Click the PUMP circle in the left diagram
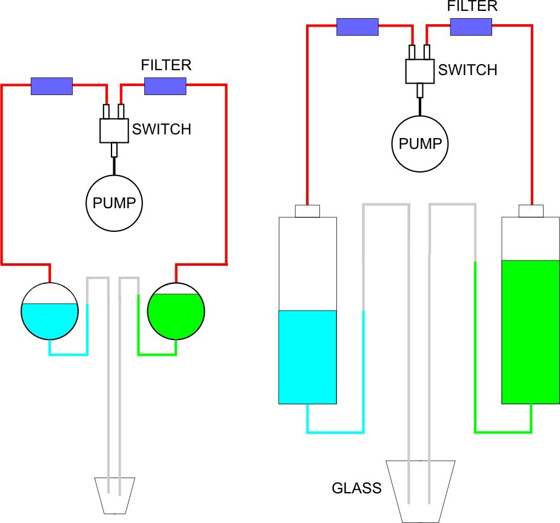pos(114,203)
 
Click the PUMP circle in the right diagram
pos(420,144)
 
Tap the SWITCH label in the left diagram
pos(162,129)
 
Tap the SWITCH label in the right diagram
pos(467,70)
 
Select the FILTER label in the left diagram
pos(166,65)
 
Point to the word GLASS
pos(356,488)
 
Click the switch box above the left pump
pos(114,130)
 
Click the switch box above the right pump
pos(420,71)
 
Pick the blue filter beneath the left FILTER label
pos(165,87)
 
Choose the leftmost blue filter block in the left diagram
pos(52,87)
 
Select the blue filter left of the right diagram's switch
pos(358,27)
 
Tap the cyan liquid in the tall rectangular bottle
pos(307,357)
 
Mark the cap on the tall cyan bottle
pos(307,211)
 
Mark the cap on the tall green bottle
pos(531,211)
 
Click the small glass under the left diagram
pos(114,494)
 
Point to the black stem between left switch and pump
pos(114,165)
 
